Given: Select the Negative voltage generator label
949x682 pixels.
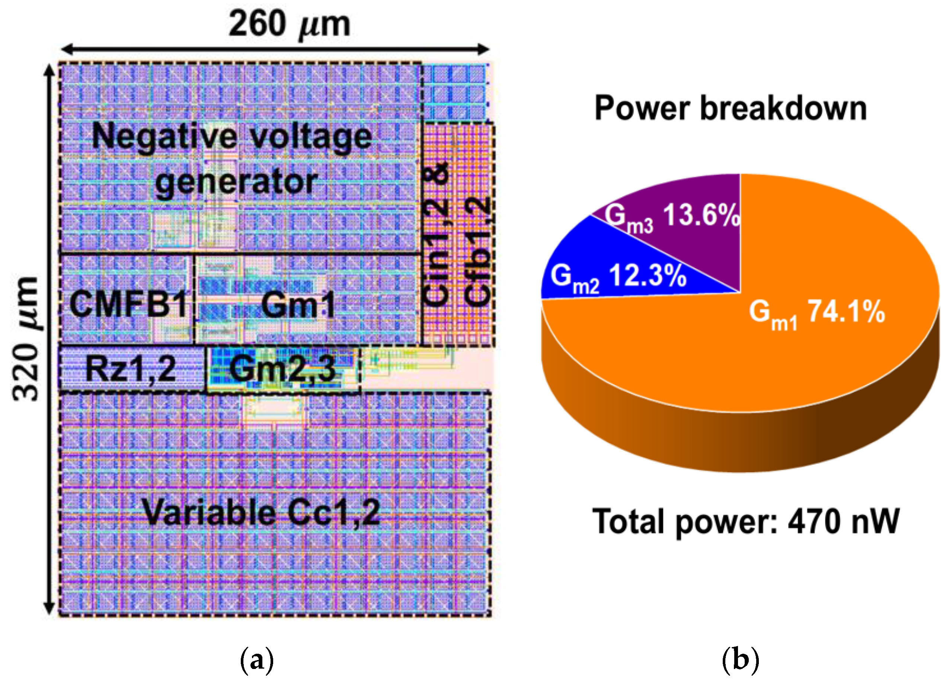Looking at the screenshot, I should click(233, 159).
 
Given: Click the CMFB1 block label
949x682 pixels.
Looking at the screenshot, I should click(128, 305).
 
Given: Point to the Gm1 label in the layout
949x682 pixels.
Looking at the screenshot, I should click(298, 305).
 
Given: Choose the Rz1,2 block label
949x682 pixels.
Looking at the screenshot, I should click(131, 369).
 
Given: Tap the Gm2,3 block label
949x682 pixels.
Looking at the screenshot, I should click(282, 369).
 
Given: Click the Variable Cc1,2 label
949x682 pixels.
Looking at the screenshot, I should click(262, 512).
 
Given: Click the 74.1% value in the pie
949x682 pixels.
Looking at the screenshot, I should click(846, 312).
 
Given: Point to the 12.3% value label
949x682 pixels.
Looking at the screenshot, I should click(647, 276).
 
